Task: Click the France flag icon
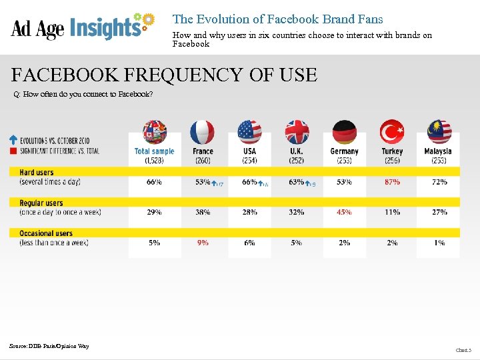click(x=203, y=132)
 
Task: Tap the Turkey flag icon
click(x=392, y=132)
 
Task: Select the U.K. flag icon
click(x=297, y=132)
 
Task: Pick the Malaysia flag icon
click(x=439, y=132)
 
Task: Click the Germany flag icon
click(x=345, y=132)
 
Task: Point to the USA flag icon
click(x=249, y=132)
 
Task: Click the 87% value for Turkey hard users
click(x=392, y=182)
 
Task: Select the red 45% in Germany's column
click(x=344, y=212)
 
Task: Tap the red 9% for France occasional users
click(x=203, y=243)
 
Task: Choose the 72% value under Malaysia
click(x=439, y=182)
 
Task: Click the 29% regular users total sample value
click(x=154, y=212)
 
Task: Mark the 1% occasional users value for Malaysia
click(x=439, y=243)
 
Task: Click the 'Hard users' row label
click(x=37, y=173)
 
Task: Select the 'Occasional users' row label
click(x=46, y=233)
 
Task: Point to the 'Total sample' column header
click(x=154, y=151)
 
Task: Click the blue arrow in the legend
click(x=13, y=141)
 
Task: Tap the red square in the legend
click(x=13, y=151)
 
